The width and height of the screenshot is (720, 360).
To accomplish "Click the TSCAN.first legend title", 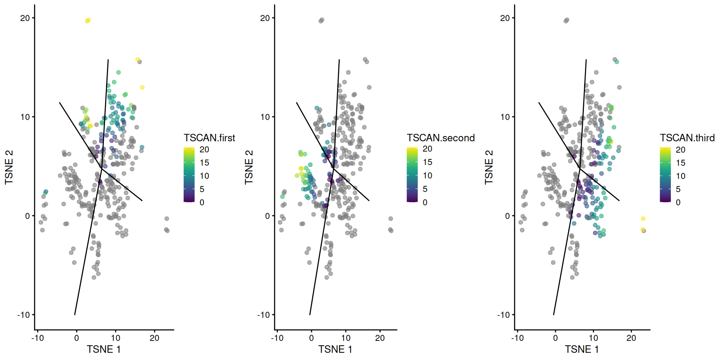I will tap(209, 138).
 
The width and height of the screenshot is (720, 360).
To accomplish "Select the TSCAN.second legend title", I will tap(441, 138).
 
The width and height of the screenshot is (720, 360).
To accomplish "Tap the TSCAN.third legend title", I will tap(687, 138).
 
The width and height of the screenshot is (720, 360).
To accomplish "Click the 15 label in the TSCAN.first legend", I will tap(204, 163).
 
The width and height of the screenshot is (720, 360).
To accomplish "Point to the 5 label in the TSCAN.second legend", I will tap(425, 189).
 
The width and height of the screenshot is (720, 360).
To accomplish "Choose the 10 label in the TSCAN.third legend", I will tap(680, 176).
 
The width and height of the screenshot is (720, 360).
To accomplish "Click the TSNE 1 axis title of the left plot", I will tap(104, 349).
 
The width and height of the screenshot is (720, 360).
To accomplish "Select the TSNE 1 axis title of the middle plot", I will tap(335, 349).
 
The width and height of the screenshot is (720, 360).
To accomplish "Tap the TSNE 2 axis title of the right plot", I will tap(489, 167).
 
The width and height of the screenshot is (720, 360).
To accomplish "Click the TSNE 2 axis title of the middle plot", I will tap(249, 167).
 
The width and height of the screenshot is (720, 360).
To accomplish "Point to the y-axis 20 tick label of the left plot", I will tap(25, 18).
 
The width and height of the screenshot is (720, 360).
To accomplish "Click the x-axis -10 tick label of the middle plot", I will tap(277, 338).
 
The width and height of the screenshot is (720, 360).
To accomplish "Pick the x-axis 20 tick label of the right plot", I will tap(631, 338).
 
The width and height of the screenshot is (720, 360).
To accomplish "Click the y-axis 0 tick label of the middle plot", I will tap(267, 216).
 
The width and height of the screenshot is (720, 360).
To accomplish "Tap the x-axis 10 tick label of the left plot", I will tap(115, 338).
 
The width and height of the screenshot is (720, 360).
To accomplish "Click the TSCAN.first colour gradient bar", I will tap(189, 175).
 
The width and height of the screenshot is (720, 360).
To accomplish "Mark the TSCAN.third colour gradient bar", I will tap(665, 175).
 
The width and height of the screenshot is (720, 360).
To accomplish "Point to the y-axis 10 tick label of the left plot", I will tap(25, 117).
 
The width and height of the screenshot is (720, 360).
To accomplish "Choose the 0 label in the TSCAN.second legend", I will tap(425, 202).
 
